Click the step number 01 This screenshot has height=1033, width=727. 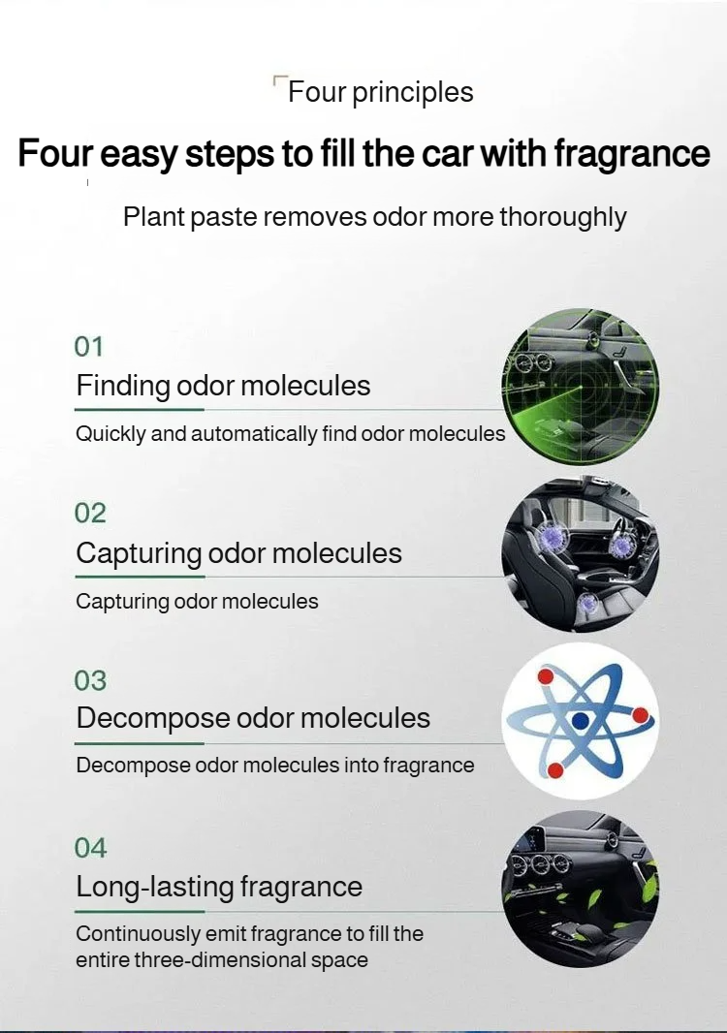click(x=88, y=347)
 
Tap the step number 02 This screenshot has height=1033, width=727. click(x=89, y=514)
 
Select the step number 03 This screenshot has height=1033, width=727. click(x=89, y=680)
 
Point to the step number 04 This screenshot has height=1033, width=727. click(x=89, y=848)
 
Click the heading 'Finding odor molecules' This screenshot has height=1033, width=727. click(x=223, y=386)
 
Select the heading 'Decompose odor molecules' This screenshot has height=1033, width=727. click(x=253, y=719)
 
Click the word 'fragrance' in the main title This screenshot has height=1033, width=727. click(x=631, y=154)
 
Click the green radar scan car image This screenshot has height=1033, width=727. click(x=581, y=387)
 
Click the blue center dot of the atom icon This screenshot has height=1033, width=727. click(x=580, y=721)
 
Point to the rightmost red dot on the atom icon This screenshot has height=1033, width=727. click(x=640, y=715)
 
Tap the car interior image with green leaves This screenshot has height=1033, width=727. click(x=581, y=889)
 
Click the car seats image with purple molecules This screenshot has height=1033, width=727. click(x=581, y=553)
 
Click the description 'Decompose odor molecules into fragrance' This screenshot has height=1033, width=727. click(x=275, y=766)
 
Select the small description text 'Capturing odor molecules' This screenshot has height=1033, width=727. click(x=197, y=602)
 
